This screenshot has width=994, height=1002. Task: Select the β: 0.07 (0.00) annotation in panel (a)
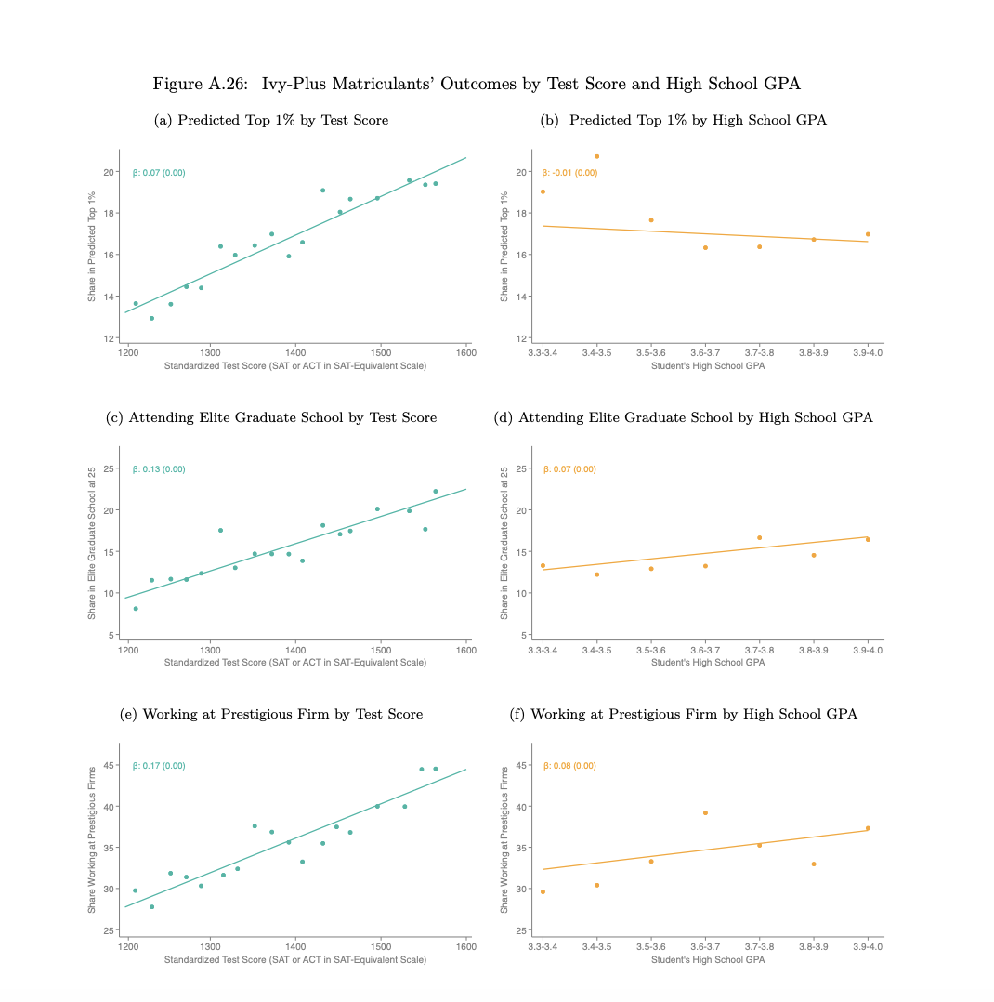coord(159,173)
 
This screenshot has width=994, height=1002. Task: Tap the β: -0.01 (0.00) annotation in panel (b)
coord(569,173)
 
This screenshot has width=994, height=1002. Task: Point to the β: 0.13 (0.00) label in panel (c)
coord(159,469)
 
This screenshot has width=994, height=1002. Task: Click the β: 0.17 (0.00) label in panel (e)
coord(159,766)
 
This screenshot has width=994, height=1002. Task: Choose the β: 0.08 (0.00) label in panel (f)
coord(569,766)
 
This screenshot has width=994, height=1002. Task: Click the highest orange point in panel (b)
coord(597,156)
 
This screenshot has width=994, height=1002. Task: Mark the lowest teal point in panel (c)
coord(136,608)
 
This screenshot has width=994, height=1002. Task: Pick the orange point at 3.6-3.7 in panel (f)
coord(705,812)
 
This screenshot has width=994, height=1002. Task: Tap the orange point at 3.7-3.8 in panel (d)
coord(760,538)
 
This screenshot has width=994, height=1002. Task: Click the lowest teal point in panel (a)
coord(152,318)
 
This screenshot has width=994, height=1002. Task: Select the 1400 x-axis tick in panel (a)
coord(295,353)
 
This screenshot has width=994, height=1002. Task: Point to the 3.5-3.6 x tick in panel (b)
coord(651,353)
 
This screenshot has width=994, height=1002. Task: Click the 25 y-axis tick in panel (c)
coord(109,469)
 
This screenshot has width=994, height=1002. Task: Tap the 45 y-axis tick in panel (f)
coord(520,766)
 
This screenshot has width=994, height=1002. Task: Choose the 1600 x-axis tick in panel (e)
coord(466,947)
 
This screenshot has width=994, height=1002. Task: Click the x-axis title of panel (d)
coord(708,663)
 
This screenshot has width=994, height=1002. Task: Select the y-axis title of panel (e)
coord(92,839)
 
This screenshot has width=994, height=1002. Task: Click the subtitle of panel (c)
coord(271,418)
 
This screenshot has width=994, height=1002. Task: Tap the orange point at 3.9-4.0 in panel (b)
coord(869,234)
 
